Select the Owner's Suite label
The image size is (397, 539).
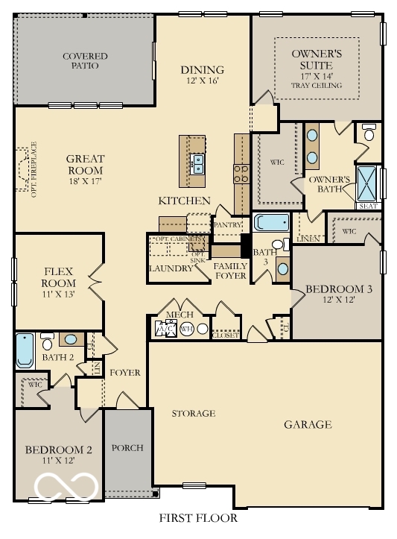(x=317, y=59)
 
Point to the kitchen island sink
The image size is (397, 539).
(x=198, y=163)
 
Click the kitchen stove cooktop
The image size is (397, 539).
(x=242, y=174)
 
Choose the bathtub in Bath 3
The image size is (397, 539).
(x=270, y=222)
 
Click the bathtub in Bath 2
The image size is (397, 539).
(x=25, y=350)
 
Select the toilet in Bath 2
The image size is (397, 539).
(x=46, y=342)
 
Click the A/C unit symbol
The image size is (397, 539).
(x=165, y=328)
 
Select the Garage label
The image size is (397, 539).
(x=308, y=425)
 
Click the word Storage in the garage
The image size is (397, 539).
(x=194, y=413)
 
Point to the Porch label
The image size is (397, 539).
(x=127, y=448)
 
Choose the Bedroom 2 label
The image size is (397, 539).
(x=58, y=450)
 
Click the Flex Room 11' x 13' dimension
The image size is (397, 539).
(x=58, y=294)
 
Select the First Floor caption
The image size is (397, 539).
(x=198, y=518)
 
